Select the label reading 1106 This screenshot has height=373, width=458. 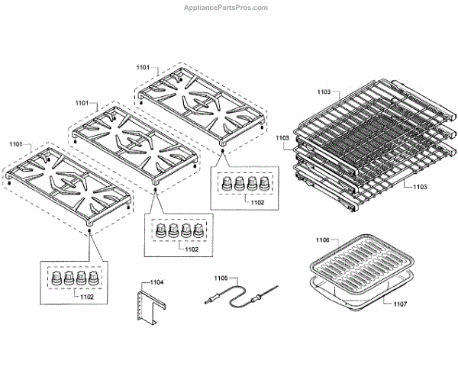click(x=323, y=240)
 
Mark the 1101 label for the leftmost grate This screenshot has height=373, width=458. click(x=16, y=143)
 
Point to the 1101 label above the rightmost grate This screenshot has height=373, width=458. click(x=144, y=68)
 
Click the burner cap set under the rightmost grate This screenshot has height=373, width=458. click(x=244, y=183)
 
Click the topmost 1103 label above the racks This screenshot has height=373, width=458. click(x=323, y=92)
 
